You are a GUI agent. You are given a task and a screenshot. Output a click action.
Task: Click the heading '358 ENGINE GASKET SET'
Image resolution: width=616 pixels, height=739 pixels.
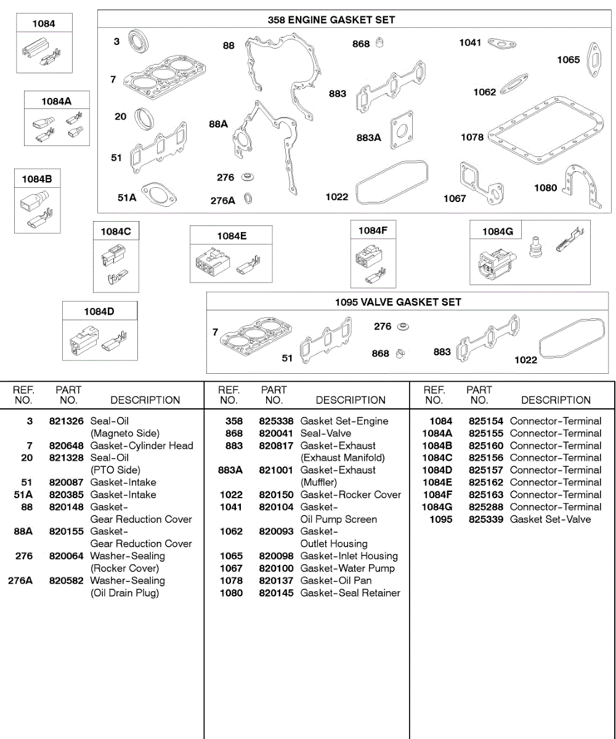(331, 20)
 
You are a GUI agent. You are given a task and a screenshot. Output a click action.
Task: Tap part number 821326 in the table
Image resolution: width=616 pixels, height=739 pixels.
(66, 421)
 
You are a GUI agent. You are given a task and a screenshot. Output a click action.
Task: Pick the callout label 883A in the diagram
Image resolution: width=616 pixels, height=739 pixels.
(368, 138)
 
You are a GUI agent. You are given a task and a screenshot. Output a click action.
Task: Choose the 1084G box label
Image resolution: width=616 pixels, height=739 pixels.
(497, 232)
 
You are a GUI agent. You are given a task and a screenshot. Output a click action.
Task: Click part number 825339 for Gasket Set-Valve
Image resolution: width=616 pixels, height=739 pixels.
(486, 519)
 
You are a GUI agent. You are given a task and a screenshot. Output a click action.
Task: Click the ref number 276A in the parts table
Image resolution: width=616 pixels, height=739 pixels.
(20, 581)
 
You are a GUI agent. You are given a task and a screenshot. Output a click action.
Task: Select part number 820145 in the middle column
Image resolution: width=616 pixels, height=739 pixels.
(276, 593)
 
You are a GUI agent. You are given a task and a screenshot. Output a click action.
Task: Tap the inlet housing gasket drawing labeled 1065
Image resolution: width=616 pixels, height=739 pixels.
(593, 57)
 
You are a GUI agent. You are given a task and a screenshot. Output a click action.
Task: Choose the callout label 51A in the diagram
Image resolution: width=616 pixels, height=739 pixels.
(127, 198)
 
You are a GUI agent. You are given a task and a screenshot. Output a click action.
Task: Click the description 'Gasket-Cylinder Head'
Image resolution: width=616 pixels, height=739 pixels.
(142, 446)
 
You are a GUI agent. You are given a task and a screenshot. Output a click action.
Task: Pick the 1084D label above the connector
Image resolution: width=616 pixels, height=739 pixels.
(99, 312)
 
